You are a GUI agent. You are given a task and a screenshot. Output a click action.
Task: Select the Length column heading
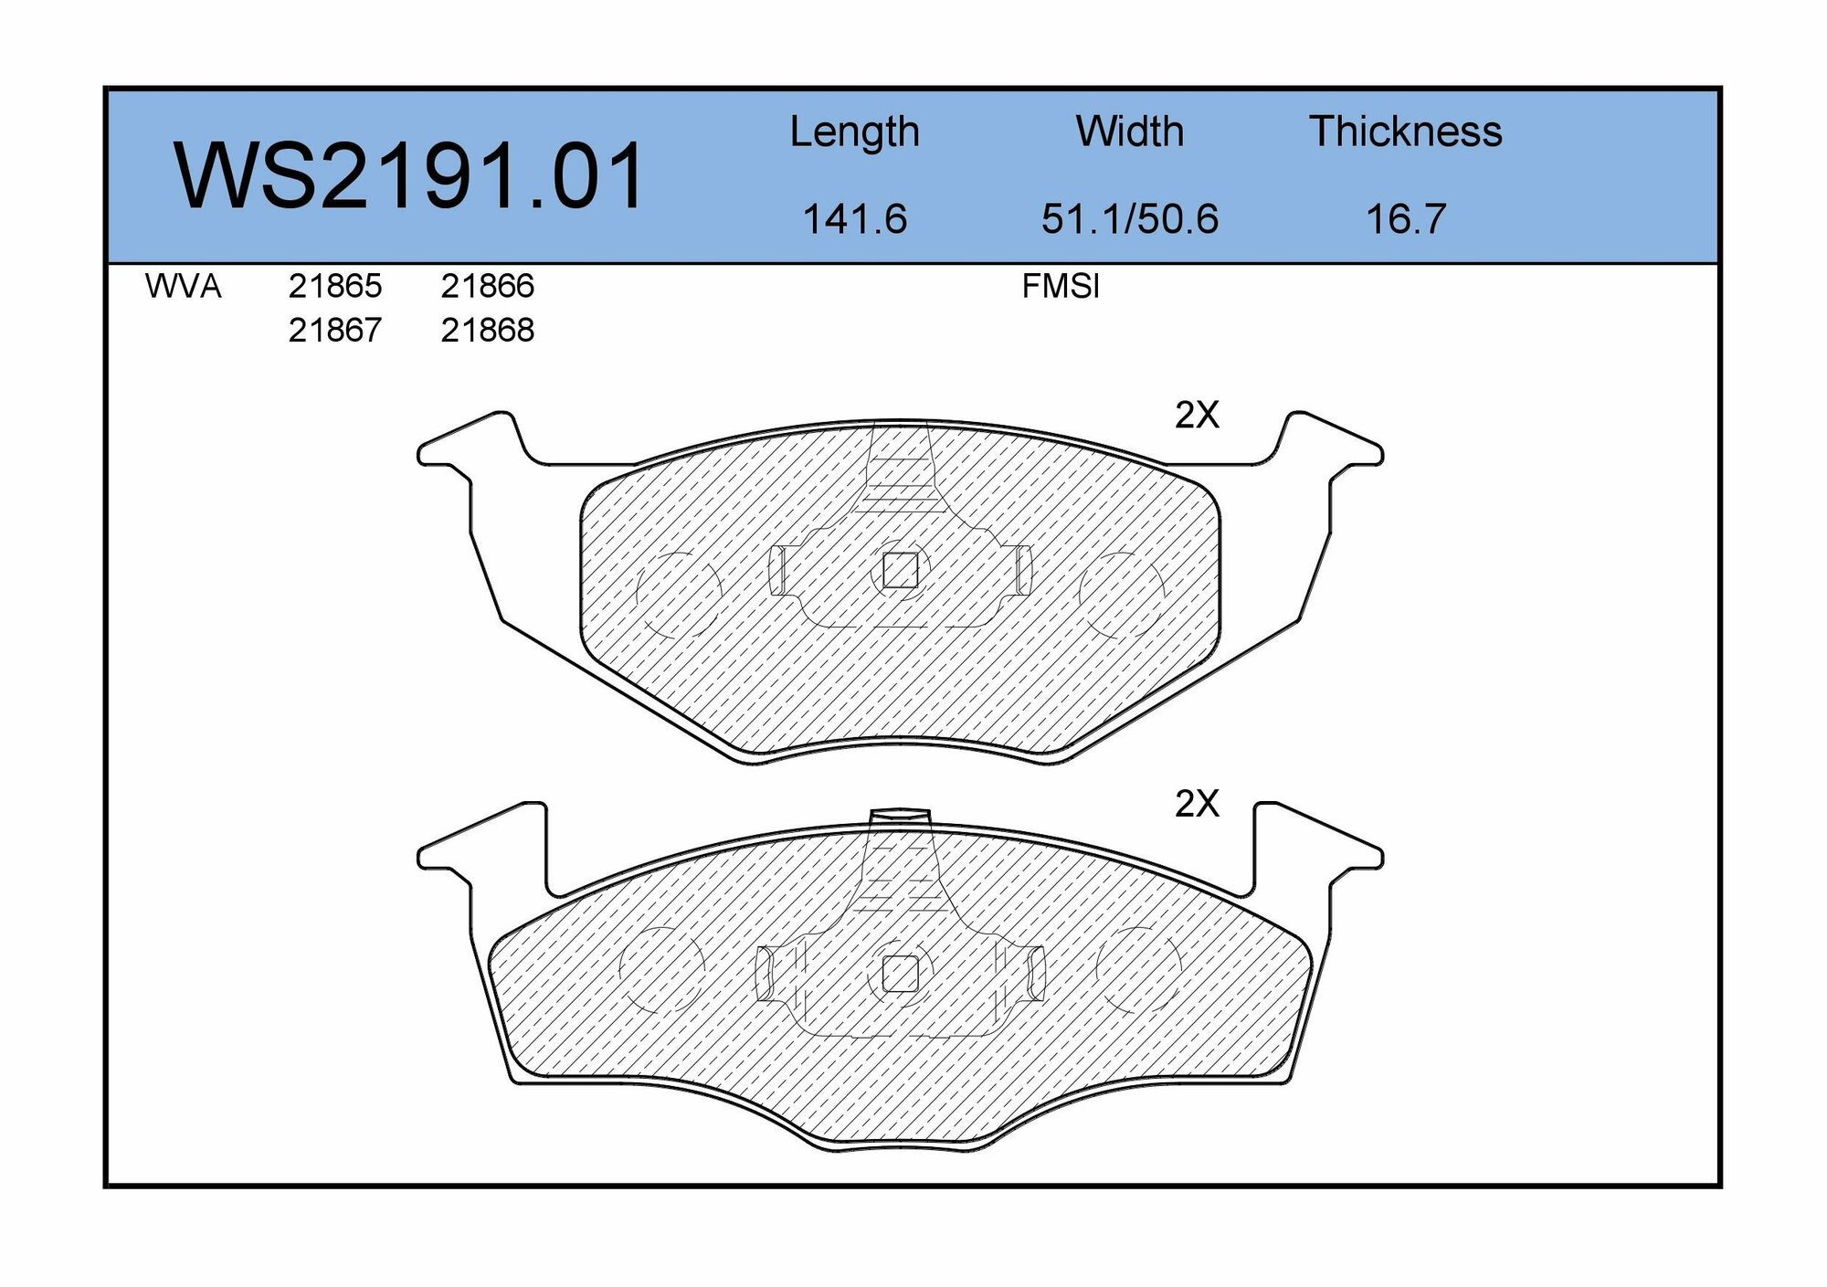(x=854, y=132)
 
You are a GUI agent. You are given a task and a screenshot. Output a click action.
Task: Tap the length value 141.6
(x=854, y=219)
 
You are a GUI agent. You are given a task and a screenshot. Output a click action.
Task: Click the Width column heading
(x=1129, y=132)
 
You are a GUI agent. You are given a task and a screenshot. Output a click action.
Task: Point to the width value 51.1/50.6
(x=1129, y=219)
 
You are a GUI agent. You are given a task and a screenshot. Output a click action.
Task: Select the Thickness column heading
(x=1405, y=132)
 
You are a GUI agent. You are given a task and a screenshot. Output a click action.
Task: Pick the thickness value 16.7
(x=1405, y=219)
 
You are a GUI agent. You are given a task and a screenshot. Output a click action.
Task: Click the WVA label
(x=183, y=287)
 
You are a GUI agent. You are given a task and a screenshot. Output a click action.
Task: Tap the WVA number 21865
(x=334, y=287)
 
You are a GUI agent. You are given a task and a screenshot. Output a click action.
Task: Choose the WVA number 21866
(x=487, y=287)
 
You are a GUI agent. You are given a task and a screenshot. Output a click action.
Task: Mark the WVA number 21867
(x=334, y=331)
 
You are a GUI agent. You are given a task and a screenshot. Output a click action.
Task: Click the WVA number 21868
(x=487, y=331)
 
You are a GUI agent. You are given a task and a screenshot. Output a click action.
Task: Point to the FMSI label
(x=1060, y=287)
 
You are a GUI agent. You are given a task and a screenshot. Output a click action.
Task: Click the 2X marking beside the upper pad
(x=1196, y=416)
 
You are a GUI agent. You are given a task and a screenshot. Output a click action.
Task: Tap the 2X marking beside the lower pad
(x=1196, y=804)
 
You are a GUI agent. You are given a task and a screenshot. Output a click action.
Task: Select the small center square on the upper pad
(x=900, y=571)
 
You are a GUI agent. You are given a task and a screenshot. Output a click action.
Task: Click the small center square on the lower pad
(x=900, y=975)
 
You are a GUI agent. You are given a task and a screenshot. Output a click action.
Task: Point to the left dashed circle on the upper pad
(x=678, y=594)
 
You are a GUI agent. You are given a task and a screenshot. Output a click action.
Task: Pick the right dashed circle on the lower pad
(x=1138, y=968)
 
